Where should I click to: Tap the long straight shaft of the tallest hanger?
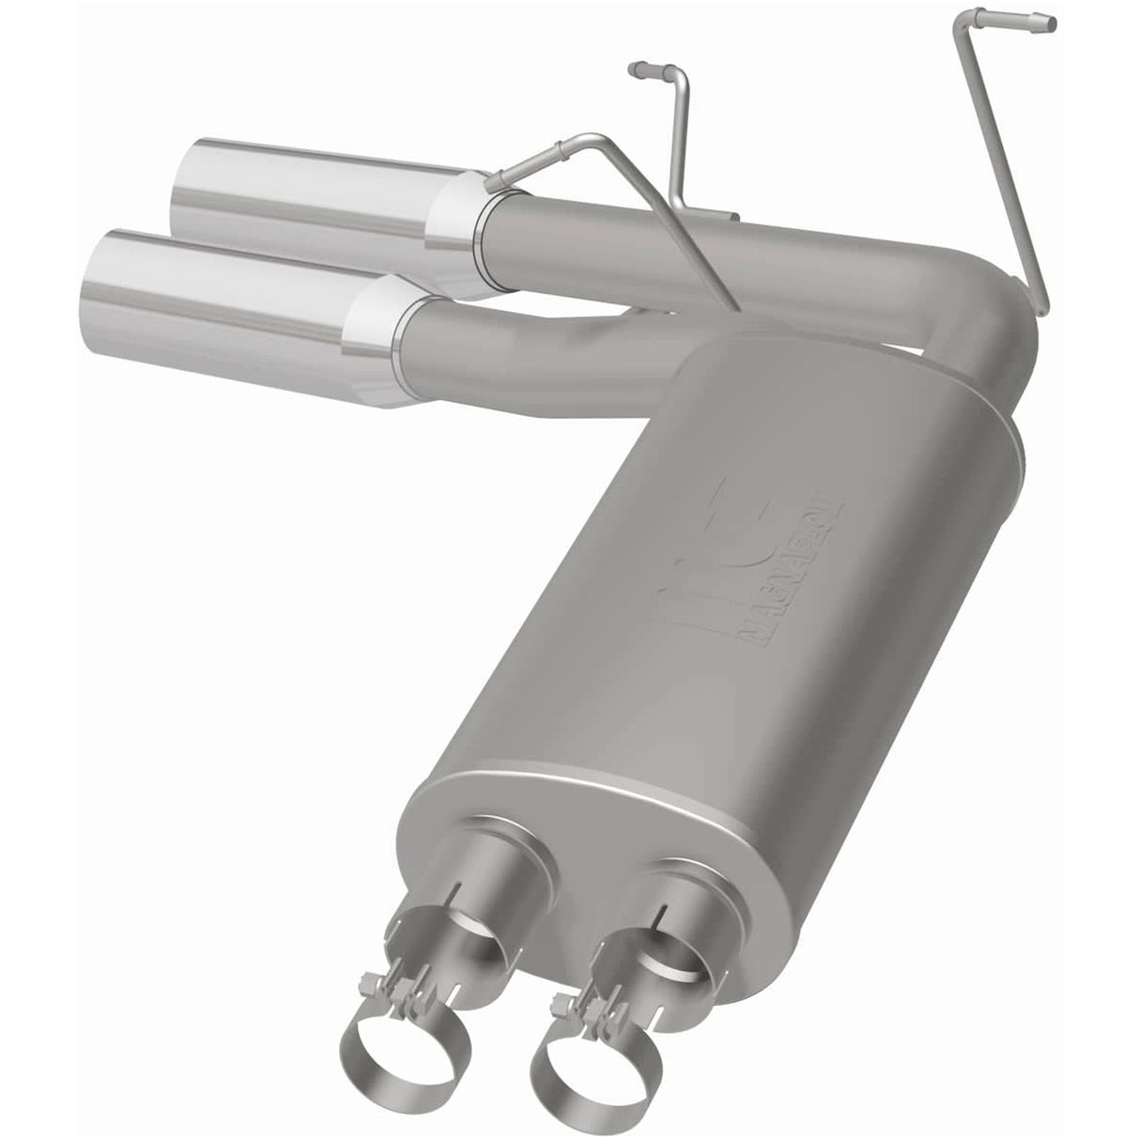pos(1009,160)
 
